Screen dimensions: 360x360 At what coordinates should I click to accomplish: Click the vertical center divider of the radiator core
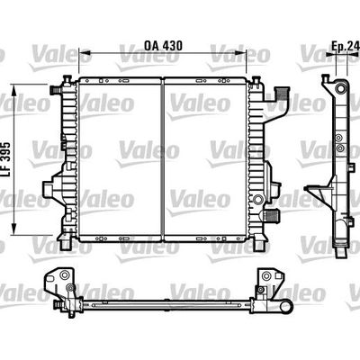[163, 162]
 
